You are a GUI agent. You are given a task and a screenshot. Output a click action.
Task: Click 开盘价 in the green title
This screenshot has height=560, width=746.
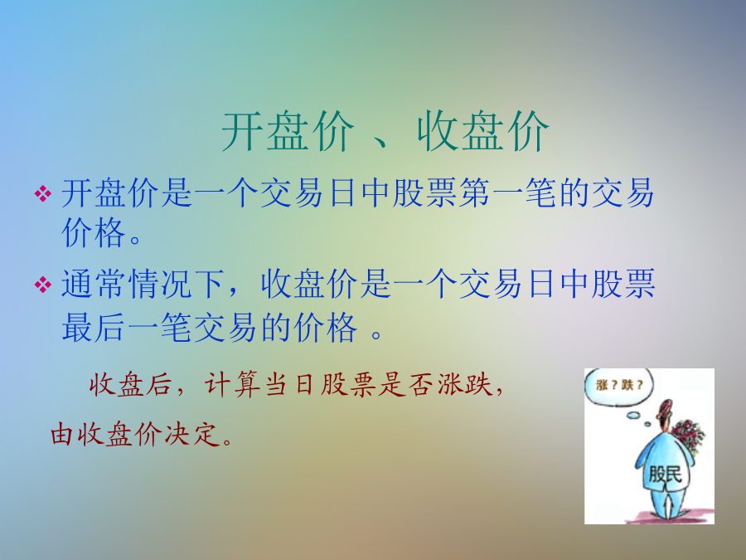tap(288, 131)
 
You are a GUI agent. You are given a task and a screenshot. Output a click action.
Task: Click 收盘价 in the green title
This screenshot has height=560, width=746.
tap(483, 131)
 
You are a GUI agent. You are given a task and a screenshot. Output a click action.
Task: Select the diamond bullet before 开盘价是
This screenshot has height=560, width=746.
tap(43, 194)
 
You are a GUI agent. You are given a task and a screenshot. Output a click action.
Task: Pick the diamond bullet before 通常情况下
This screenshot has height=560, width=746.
tap(43, 285)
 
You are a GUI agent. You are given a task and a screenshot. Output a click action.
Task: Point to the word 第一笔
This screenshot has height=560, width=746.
tap(507, 193)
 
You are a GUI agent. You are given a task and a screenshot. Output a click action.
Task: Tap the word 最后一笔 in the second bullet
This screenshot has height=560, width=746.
tap(127, 328)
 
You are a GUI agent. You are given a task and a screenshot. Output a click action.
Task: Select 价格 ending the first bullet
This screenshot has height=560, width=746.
tap(94, 233)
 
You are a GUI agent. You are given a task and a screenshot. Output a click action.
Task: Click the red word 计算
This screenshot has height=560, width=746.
tap(232, 384)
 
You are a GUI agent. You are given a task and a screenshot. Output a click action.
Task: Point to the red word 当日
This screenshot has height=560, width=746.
tap(290, 384)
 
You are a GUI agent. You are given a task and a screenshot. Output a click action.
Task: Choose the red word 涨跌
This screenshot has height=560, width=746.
tap(464, 384)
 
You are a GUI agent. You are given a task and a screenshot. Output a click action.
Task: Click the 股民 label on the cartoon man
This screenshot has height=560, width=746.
tap(665, 474)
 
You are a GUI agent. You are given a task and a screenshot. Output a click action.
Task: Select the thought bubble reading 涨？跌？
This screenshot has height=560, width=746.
tap(618, 386)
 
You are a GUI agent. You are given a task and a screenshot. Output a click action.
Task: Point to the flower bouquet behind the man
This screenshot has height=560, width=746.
tap(687, 436)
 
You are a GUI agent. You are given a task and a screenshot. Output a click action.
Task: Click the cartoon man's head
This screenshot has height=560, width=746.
tap(664, 412)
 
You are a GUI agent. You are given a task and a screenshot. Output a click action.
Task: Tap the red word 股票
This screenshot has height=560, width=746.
tap(348, 384)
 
